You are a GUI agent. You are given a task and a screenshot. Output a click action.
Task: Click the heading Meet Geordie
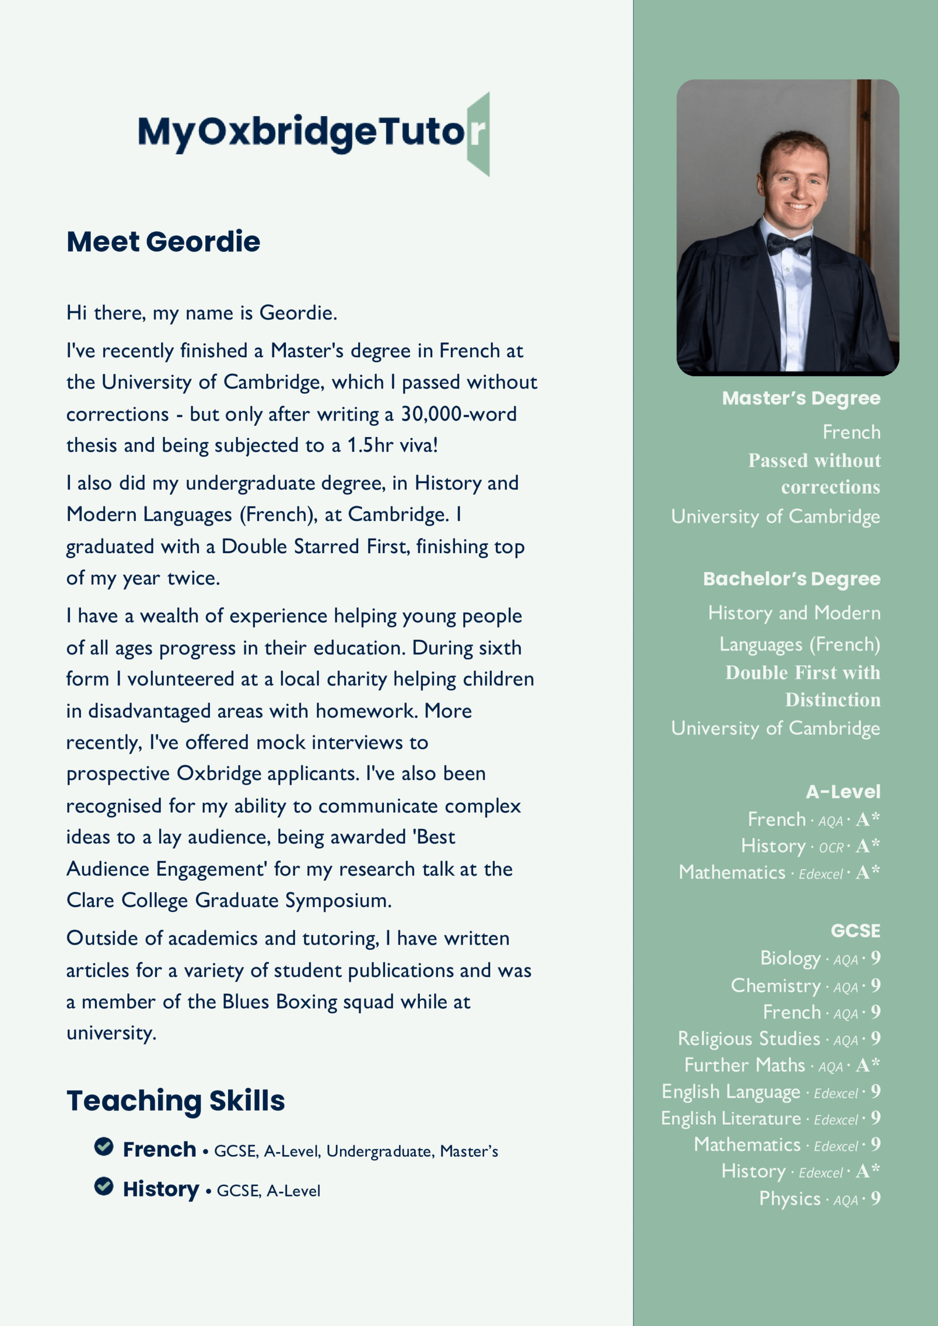tap(163, 241)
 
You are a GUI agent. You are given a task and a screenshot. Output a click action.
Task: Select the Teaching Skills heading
tap(175, 1100)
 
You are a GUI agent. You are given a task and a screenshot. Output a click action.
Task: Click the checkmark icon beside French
tap(104, 1146)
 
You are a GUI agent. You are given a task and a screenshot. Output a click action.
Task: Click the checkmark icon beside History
tap(104, 1186)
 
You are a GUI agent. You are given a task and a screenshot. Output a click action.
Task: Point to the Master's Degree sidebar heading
tap(801, 398)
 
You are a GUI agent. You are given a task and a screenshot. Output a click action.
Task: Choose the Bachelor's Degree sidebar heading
tap(791, 579)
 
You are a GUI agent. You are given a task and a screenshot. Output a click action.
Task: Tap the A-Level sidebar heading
tap(842, 792)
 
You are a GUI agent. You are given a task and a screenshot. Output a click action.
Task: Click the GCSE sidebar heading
tap(855, 930)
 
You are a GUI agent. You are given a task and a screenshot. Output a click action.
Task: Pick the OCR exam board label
tap(831, 848)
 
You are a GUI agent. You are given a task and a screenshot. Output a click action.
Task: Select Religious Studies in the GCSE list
tap(749, 1038)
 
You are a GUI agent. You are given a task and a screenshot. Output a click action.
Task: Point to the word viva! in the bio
tap(417, 445)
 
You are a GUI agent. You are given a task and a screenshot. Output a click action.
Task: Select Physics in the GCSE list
tap(790, 1198)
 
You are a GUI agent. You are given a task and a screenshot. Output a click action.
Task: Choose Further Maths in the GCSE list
tap(745, 1065)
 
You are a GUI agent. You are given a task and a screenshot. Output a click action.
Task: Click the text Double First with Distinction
tap(803, 686)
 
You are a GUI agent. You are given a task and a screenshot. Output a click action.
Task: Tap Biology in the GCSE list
tap(790, 958)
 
